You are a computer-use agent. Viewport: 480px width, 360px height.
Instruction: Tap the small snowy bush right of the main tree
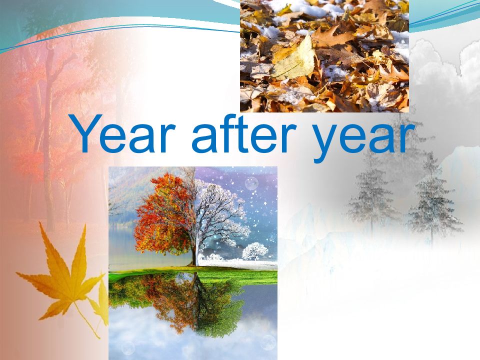click(255, 251)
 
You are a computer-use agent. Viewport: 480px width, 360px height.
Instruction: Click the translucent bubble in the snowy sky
click(251, 184)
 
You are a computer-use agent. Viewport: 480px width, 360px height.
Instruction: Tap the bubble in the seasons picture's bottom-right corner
click(268, 342)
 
